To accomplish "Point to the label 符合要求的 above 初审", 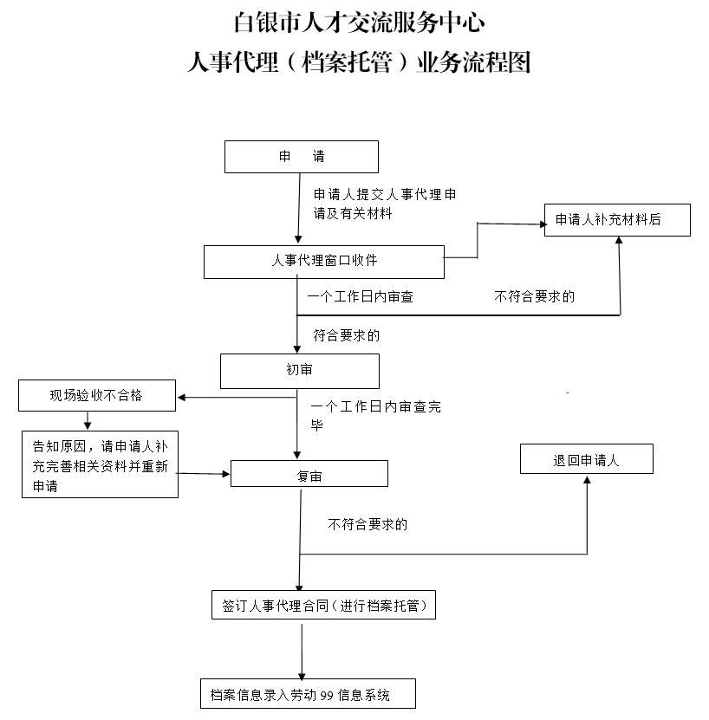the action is click(347, 335).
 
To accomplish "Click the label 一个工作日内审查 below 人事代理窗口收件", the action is click(361, 296).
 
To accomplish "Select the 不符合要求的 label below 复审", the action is click(368, 524).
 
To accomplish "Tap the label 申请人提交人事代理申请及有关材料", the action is click(385, 204).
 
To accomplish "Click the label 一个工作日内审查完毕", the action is click(376, 416).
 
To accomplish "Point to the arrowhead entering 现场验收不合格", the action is click(181, 397).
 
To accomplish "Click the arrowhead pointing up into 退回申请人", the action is click(587, 479).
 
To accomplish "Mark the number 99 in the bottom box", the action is click(327, 696).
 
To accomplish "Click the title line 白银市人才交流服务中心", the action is click(359, 23).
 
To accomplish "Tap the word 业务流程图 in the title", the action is click(474, 62).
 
